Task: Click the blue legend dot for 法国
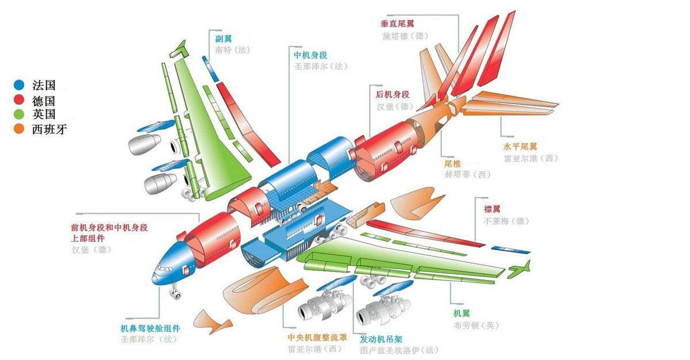[x=19, y=85]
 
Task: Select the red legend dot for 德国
[x=19, y=99]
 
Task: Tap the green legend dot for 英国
[x=19, y=114]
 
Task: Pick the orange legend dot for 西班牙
[x=19, y=129]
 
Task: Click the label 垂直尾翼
[x=397, y=24]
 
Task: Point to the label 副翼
[x=223, y=39]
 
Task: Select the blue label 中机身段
[x=310, y=55]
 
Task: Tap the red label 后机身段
[x=392, y=94]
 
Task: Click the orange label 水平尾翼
[x=520, y=146]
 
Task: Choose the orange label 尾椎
[x=453, y=163]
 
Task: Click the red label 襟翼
[x=492, y=209]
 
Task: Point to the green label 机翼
[x=461, y=313]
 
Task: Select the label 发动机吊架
[x=381, y=339]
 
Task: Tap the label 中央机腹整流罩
[x=317, y=338]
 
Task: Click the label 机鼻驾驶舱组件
[x=150, y=328]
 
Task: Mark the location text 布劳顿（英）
[x=476, y=325]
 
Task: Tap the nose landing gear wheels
[x=175, y=293]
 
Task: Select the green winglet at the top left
[x=179, y=49]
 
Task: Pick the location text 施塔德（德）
[x=405, y=36]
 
